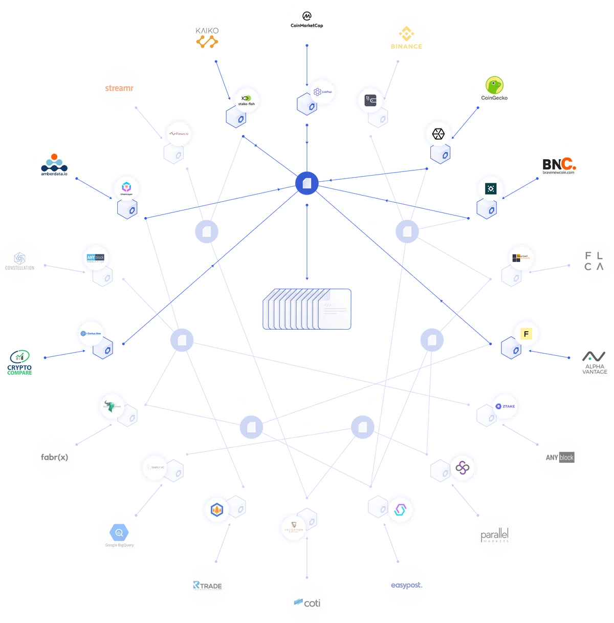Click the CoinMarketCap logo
pyautogui.click(x=306, y=20)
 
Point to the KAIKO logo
pyautogui.click(x=207, y=38)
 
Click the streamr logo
pyautogui.click(x=119, y=88)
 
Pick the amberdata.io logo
pyautogui.click(x=54, y=165)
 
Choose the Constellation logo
pyautogui.click(x=20, y=260)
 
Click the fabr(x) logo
pyautogui.click(x=54, y=457)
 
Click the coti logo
pyautogui.click(x=307, y=603)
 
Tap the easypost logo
pyautogui.click(x=407, y=585)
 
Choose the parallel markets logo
pyautogui.click(x=494, y=535)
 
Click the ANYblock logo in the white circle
pyautogui.click(x=560, y=457)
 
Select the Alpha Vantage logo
pyautogui.click(x=594, y=361)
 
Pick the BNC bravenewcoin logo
pyautogui.click(x=560, y=165)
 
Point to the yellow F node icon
pyautogui.click(x=525, y=334)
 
